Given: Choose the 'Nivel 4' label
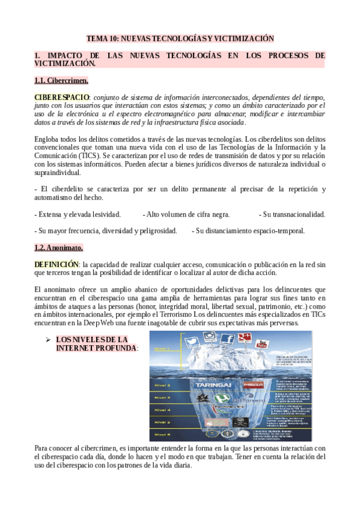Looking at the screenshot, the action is (x=162, y=410).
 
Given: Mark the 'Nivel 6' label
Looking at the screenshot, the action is (x=162, y=434).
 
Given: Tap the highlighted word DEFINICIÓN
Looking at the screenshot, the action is (x=56, y=264).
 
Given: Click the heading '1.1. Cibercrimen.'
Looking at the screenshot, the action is (x=61, y=81).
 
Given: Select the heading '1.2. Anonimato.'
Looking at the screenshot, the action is (x=59, y=248).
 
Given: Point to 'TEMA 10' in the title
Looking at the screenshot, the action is (x=102, y=38).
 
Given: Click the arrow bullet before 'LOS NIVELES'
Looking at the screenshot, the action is (x=47, y=340).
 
